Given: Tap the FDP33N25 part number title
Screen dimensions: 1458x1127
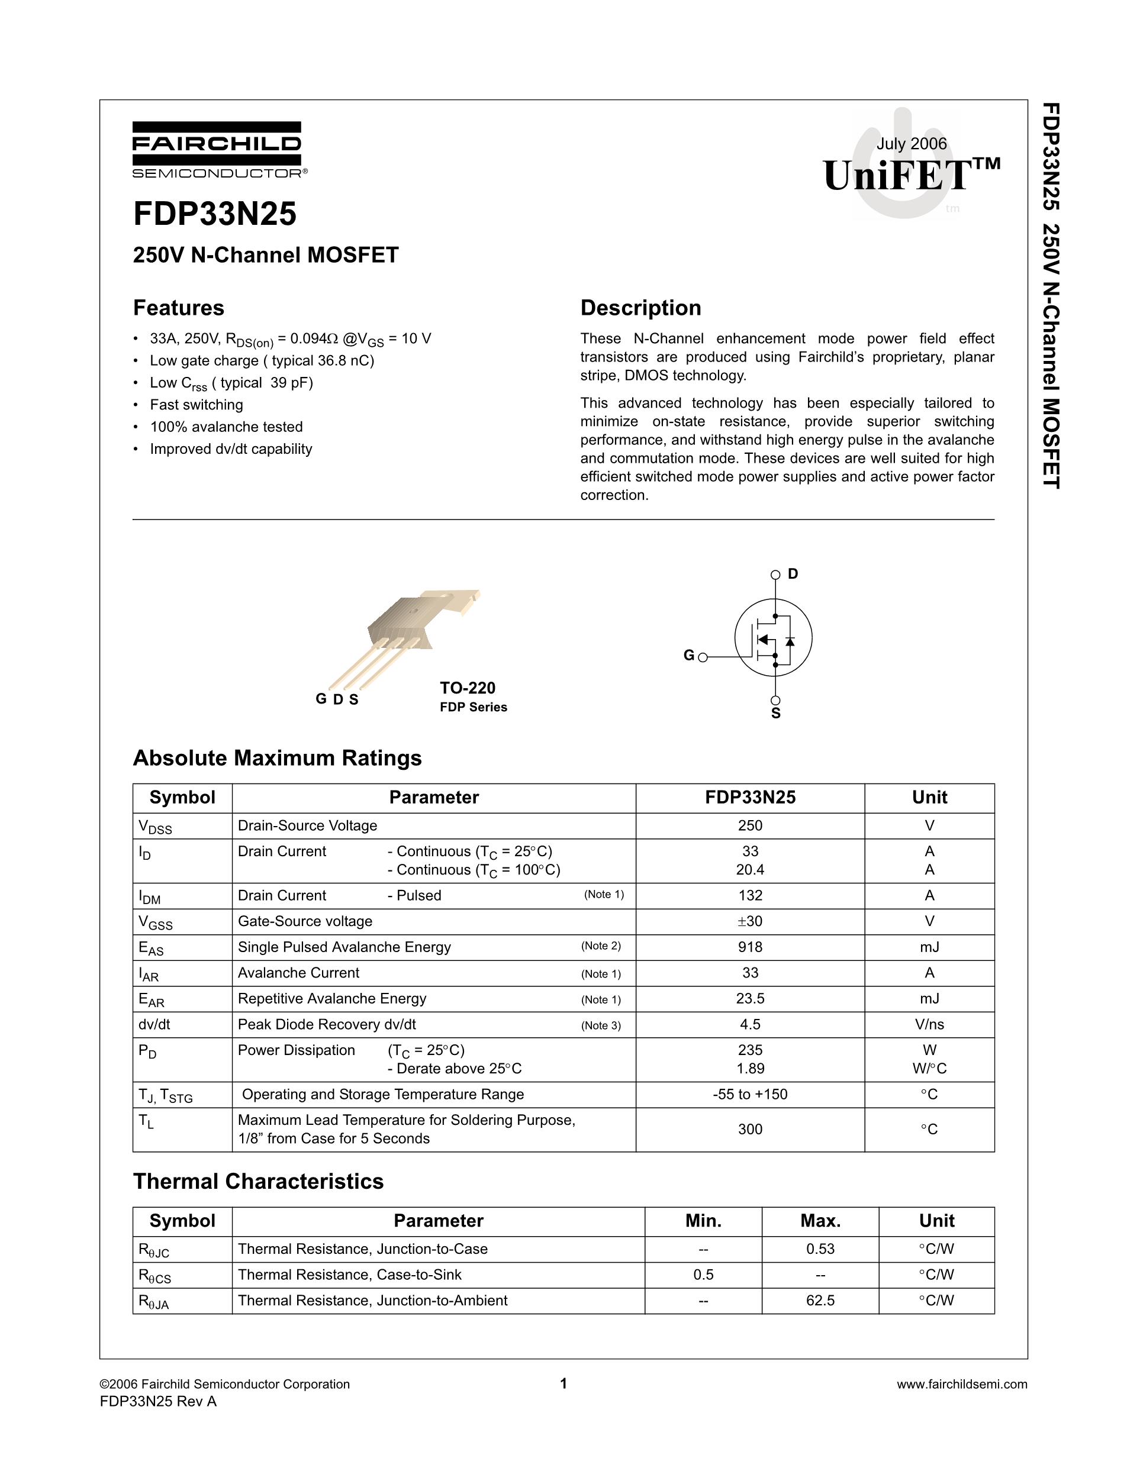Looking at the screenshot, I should click(x=215, y=214).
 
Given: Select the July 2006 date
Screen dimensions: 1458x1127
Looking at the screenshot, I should click(x=912, y=144).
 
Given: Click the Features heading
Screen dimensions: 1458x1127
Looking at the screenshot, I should click(x=178, y=308).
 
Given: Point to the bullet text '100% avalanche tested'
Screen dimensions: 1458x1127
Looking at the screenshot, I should click(x=226, y=427).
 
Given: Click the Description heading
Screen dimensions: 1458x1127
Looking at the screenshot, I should click(x=640, y=308).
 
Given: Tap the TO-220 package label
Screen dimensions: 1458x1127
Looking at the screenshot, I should click(x=468, y=688).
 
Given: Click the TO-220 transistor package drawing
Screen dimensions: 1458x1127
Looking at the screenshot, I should click(x=407, y=634).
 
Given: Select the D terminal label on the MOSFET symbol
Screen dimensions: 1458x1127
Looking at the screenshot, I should click(x=793, y=574).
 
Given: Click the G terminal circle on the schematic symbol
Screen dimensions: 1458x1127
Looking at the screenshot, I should click(x=703, y=657).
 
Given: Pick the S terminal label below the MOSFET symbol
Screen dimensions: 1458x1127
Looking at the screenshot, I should click(x=776, y=714).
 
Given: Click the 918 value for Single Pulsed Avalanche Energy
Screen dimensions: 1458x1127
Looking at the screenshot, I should click(x=750, y=947).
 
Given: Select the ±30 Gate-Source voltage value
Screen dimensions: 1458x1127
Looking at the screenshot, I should click(x=750, y=922).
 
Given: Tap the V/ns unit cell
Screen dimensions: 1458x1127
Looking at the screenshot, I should click(x=929, y=1025).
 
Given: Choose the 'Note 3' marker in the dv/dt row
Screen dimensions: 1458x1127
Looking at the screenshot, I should click(x=601, y=1025).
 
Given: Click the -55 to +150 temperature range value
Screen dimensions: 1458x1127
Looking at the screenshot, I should click(x=750, y=1095).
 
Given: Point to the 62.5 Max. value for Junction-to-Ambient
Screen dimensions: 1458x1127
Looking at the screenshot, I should click(x=820, y=1301).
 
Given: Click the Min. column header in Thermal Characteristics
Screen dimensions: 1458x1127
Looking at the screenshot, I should click(x=703, y=1221).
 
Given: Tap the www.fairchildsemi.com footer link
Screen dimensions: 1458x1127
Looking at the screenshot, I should click(x=961, y=1385).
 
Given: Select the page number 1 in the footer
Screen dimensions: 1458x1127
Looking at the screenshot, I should click(x=563, y=1384).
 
